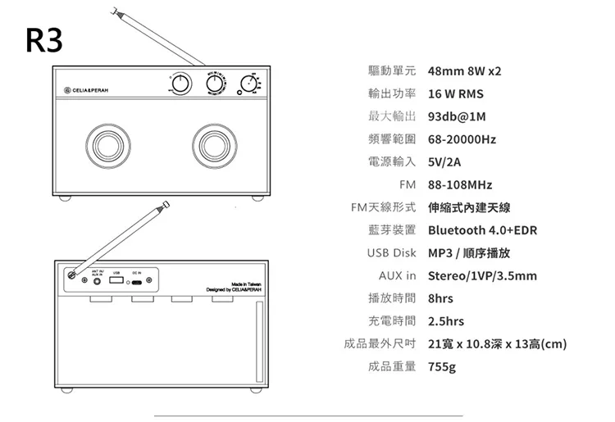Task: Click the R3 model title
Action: pyautogui.click(x=43, y=39)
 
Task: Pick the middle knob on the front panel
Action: pyautogui.click(x=216, y=82)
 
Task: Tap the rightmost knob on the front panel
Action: pyautogui.click(x=250, y=81)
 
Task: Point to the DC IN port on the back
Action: pyautogui.click(x=137, y=282)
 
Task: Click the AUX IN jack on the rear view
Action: pyautogui.click(x=99, y=281)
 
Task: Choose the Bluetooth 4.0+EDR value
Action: pyautogui.click(x=482, y=230)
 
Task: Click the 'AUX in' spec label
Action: pyautogui.click(x=398, y=275)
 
